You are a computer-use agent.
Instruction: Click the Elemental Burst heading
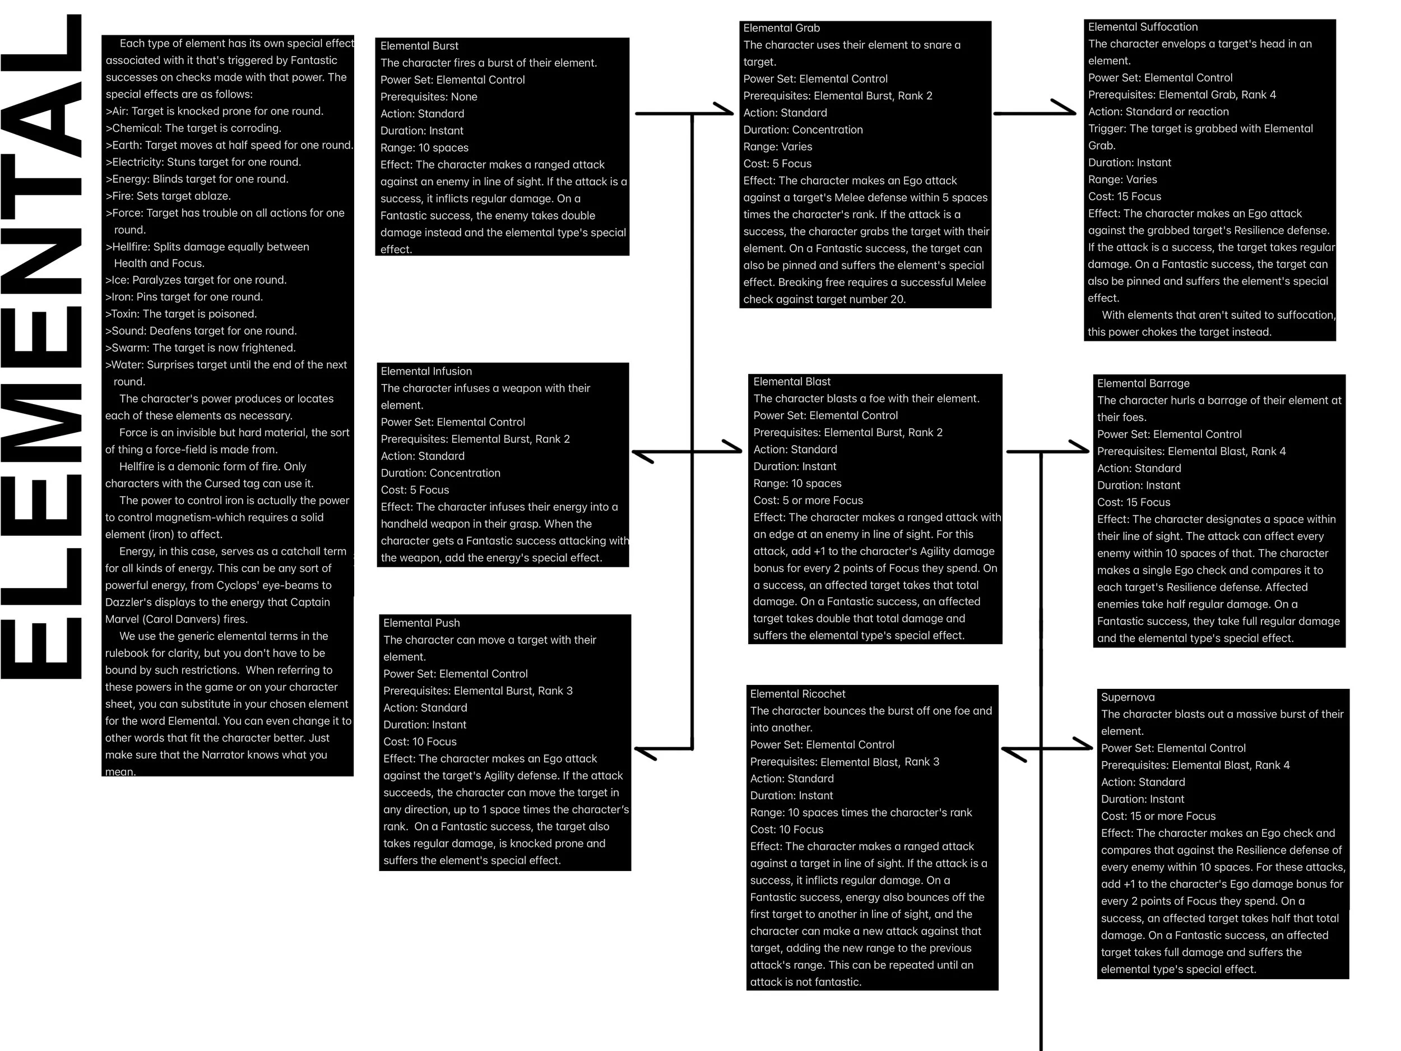tap(419, 45)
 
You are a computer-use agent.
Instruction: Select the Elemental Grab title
tap(781, 28)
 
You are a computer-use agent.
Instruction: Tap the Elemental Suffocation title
tap(1143, 26)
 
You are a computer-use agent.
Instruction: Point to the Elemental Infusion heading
tap(426, 371)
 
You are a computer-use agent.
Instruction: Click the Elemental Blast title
tap(792, 381)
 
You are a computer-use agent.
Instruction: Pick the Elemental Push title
tap(421, 623)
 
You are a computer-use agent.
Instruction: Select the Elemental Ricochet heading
tap(797, 694)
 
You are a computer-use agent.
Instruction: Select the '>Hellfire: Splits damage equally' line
tap(207, 247)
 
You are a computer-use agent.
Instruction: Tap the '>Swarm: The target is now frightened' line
tap(200, 347)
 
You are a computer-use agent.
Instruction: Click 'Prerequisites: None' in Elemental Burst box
tap(429, 96)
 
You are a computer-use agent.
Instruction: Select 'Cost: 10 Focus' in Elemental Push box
tap(419, 741)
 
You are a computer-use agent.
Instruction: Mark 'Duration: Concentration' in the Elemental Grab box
tap(802, 129)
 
